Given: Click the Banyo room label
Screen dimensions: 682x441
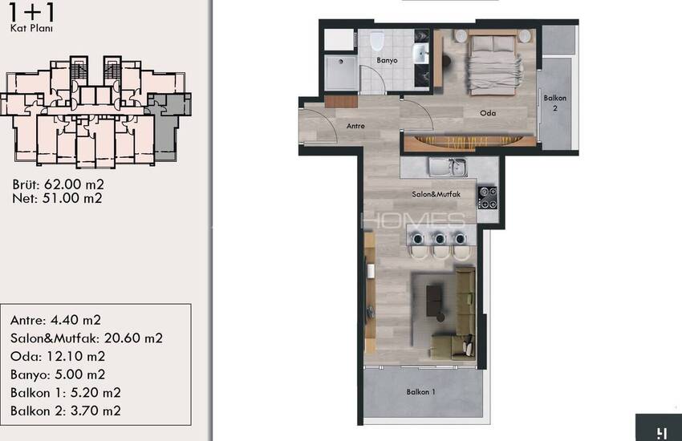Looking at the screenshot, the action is pos(387,60).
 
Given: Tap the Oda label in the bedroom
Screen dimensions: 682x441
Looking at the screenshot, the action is pos(488,113).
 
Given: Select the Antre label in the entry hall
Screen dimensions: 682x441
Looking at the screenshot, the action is pos(355,126).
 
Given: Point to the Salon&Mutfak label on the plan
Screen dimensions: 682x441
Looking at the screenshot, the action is pos(436,194).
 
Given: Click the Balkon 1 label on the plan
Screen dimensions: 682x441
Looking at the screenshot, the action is pos(420,392).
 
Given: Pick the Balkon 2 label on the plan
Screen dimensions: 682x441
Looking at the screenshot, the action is pos(555,103).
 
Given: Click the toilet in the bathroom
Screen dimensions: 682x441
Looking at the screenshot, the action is pos(377,41).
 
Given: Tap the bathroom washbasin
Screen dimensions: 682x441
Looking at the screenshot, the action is pos(420,54).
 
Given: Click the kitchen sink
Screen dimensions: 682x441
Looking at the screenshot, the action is pos(448,168).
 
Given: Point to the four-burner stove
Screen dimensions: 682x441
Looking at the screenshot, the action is pos(488,198).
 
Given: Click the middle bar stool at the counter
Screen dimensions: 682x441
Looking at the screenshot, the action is pos(440,245).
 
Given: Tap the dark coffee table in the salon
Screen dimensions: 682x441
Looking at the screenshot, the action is pos(434,300).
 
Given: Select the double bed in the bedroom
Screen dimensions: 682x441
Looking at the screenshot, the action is pos(493,64).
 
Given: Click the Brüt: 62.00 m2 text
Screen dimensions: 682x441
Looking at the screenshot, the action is pos(59,184).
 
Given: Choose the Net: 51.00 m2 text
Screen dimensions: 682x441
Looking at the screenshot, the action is pos(57,199).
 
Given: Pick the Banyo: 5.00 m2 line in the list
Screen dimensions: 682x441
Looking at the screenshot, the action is pos(58,374).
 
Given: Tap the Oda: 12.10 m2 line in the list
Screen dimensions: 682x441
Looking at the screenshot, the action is pos(58,356).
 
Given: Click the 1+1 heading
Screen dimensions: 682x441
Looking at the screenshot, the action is pos(32,13).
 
